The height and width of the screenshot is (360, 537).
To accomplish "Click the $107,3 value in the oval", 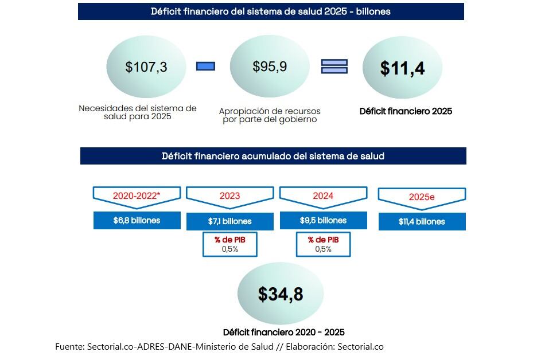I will click(x=146, y=67).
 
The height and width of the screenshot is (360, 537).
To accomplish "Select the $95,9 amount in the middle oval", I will click(x=270, y=66).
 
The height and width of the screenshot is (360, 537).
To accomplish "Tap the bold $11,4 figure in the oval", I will click(x=402, y=68).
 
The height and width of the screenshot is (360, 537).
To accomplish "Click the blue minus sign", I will click(x=205, y=66).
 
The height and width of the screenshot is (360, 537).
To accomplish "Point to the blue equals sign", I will click(x=334, y=66).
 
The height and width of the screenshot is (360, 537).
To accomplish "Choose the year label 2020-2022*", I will click(x=137, y=195).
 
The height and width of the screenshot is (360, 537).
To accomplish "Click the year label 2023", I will click(x=229, y=196).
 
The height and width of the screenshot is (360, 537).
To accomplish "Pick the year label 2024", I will click(x=323, y=196).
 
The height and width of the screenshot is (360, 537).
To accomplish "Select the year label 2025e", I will click(x=422, y=197).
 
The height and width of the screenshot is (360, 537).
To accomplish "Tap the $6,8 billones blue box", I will click(x=137, y=220).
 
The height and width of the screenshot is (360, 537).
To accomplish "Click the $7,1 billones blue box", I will click(x=229, y=221).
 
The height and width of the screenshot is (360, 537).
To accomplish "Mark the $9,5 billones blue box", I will click(x=323, y=220).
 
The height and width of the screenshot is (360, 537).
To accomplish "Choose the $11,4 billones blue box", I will click(x=422, y=221).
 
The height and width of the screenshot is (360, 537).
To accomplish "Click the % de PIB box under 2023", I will click(x=229, y=244).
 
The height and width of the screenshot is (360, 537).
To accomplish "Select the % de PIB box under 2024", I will click(x=323, y=244).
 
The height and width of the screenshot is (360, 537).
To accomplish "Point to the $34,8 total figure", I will click(x=280, y=294).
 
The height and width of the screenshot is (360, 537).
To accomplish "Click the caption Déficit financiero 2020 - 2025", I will click(x=283, y=332).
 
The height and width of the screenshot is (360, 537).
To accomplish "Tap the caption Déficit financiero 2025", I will click(x=406, y=111).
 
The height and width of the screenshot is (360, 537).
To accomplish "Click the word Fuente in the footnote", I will click(x=69, y=346).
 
